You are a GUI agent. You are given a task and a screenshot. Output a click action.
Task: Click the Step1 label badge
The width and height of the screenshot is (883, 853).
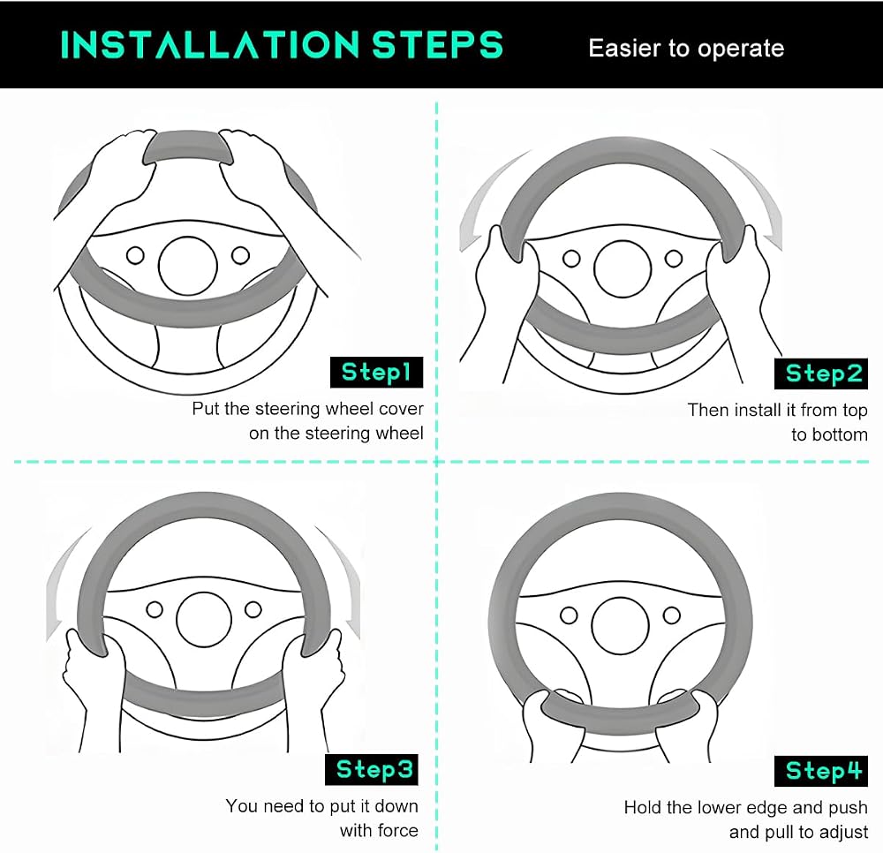pos(376,372)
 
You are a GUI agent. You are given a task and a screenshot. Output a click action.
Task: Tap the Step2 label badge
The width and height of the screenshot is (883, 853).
pos(821,374)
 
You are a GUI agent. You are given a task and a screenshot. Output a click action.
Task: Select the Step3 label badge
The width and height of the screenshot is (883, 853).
pos(372,769)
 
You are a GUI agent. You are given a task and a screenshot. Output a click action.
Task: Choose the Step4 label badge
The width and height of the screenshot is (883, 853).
pos(821,771)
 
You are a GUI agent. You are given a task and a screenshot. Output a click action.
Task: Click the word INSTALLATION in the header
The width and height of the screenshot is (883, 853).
pos(210,44)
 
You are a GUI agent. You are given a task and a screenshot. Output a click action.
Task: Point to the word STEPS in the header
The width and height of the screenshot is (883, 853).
pos(437,44)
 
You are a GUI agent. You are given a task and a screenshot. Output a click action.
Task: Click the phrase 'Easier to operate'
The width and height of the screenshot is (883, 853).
pos(686,49)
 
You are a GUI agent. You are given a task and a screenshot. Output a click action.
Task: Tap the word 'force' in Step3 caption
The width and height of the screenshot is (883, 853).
pos(398,830)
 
